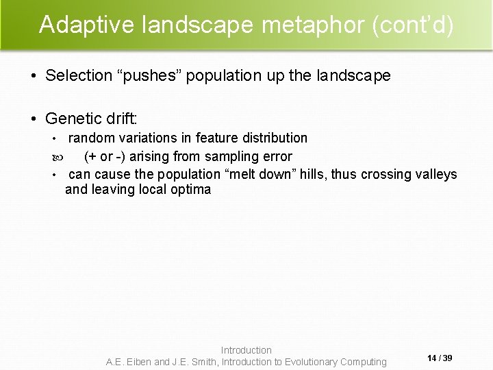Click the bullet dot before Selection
tap(34, 75)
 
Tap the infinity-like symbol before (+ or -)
tap(55, 157)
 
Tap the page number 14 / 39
tap(440, 358)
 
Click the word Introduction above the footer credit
tap(246, 350)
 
